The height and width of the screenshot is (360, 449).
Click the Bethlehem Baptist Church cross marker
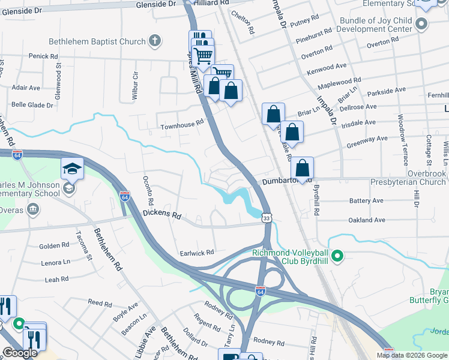pos(155,41)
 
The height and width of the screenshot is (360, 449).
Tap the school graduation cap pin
pos(72,170)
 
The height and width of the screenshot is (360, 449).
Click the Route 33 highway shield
pos(266,219)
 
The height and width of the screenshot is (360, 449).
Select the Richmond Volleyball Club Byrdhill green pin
pos(337,257)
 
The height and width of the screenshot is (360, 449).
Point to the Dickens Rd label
pos(161,214)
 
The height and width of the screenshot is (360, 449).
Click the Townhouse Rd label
pos(182,127)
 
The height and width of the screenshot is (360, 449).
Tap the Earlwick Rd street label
pos(197,253)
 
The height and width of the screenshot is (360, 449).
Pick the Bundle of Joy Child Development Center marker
pos(421,25)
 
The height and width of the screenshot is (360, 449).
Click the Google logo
pos(20,353)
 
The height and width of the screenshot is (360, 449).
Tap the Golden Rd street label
pos(54,246)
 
